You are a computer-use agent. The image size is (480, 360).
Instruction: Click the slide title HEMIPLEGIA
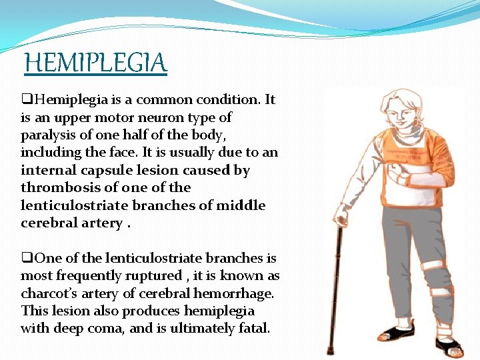pyautogui.click(x=95, y=63)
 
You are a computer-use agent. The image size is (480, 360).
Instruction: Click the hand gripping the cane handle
pyautogui.click(x=341, y=215)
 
